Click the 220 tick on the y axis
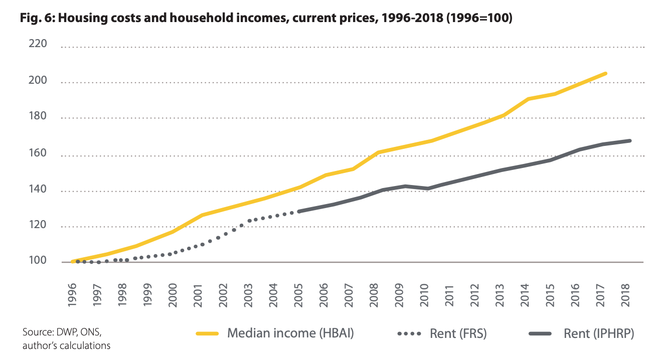coord(38,44)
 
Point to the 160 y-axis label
coord(38,153)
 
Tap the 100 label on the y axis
coord(38,260)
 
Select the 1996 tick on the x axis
coord(72,295)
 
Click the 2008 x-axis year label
coord(374,295)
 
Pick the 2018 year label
coord(625,295)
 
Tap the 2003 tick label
coord(248,295)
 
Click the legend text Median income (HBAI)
coord(290,333)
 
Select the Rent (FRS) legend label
coord(458,333)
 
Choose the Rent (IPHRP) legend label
coord(599,333)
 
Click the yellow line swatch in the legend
coord(207,333)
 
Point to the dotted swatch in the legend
coord(409,333)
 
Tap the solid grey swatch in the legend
coord(540,333)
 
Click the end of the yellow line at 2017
coord(606,74)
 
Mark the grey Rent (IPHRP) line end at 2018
coord(630,141)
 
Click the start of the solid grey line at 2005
coord(299,212)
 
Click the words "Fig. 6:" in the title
coord(37,18)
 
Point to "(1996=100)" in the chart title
coord(479,18)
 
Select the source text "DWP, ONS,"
coord(79,332)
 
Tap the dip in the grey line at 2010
coord(428,189)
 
